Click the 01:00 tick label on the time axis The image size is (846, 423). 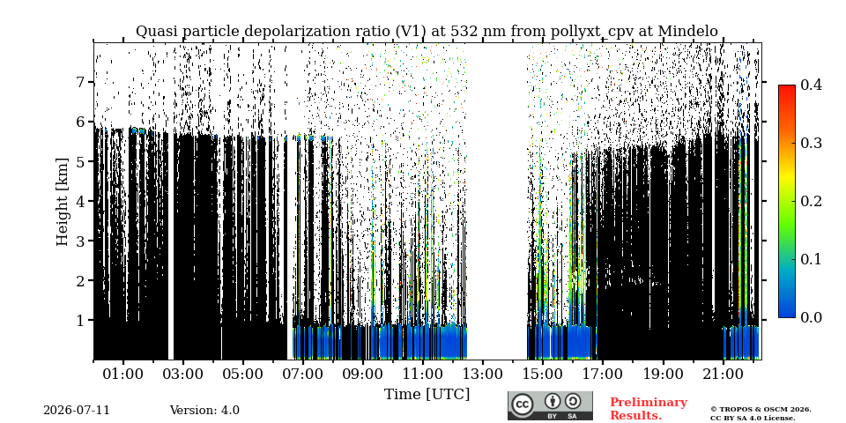point(123,374)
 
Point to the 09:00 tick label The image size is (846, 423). point(364,374)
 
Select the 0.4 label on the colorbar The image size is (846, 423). point(811,85)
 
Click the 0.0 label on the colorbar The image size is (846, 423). point(811,317)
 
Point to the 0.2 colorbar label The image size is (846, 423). point(811,201)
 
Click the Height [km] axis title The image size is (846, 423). point(63,202)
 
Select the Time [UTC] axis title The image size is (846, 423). point(427,395)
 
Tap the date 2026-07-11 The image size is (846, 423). point(77,411)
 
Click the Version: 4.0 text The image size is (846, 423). point(204,411)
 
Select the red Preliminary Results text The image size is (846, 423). point(649,409)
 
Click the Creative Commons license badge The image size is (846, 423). point(550,405)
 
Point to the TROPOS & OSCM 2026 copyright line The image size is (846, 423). point(761,410)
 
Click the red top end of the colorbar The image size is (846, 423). point(787,87)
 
